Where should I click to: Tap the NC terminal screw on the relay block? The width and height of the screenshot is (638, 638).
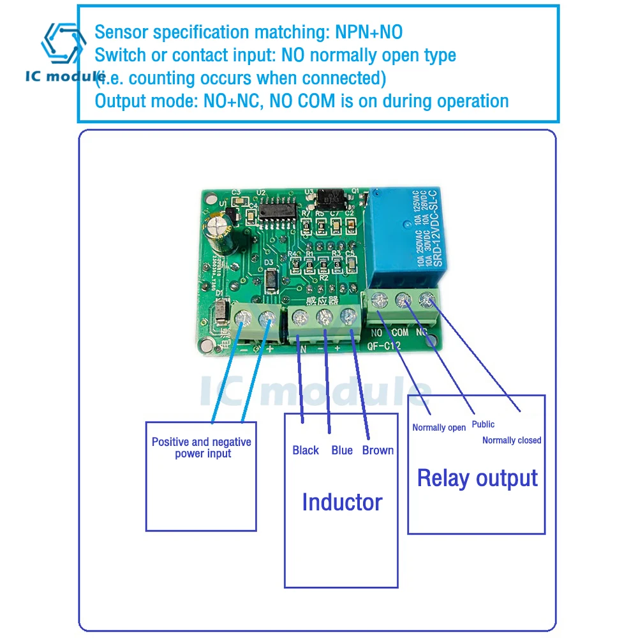coord(426,297)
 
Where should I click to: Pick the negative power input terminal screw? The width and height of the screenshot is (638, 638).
coord(243,317)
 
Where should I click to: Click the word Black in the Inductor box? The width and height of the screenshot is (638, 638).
coord(306,450)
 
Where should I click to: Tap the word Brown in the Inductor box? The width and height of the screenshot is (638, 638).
coord(378,450)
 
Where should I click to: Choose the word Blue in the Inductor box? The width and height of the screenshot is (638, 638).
coord(342,450)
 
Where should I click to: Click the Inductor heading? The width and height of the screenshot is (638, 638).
coord(342,502)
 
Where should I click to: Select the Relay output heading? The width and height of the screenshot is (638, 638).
coord(477,478)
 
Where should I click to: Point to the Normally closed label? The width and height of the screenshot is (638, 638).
coord(512,440)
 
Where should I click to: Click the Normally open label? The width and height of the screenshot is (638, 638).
coord(439,427)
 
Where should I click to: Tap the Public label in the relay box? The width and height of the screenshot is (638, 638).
coord(483,424)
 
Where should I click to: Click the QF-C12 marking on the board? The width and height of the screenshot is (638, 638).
coord(385,347)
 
